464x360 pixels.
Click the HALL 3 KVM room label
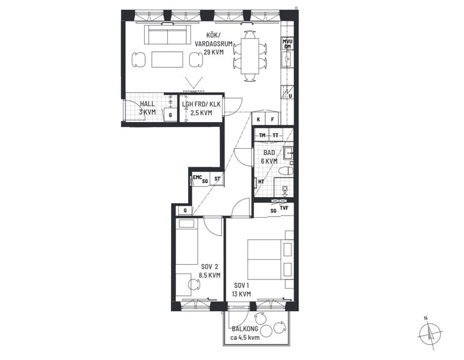click(147, 108)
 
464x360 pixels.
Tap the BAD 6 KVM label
click(269, 157)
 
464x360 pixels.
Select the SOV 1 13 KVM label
click(242, 290)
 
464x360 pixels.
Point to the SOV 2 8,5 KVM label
click(209, 270)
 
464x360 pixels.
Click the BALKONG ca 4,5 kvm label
click(245, 333)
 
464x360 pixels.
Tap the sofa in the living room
click(168, 35)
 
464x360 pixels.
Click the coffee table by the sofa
click(167, 59)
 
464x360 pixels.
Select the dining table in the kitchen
click(250, 56)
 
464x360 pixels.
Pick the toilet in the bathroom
click(286, 171)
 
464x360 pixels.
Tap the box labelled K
click(258, 120)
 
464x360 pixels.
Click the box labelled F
click(272, 120)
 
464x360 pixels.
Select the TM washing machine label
click(262, 135)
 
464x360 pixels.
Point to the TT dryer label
click(275, 135)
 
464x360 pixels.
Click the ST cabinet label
click(217, 179)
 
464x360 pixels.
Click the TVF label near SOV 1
click(284, 207)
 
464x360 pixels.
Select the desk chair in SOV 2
click(194, 284)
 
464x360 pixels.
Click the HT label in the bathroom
click(261, 182)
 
